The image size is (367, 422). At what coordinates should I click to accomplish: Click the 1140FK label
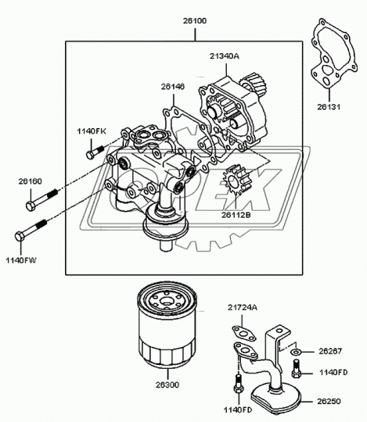pos(92,132)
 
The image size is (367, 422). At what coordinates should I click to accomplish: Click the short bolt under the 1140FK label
pos(95,148)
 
